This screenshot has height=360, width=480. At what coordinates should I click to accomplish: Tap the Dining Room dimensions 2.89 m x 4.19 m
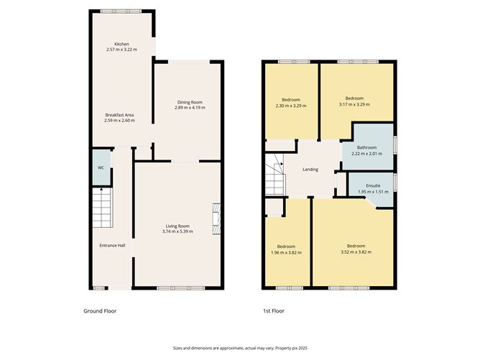point(191,108)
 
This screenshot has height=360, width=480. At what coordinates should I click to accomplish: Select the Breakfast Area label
point(119,115)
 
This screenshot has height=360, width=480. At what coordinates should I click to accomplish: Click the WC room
point(101,167)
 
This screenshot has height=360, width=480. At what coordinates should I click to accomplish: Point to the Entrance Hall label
point(112,246)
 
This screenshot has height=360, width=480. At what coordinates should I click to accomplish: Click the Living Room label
point(177,226)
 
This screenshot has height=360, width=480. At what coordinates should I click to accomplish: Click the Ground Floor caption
point(99,311)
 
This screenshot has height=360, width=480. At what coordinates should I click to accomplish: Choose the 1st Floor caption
point(274,311)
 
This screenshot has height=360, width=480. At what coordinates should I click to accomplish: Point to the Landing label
point(310,170)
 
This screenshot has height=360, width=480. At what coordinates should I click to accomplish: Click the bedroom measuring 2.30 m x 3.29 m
point(290,102)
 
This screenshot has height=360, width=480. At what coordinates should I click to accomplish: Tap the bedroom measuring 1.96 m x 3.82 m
point(286,249)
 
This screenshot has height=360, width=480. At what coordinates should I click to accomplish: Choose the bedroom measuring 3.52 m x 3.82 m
point(353,249)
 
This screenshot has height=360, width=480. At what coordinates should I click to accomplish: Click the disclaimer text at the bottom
point(239,346)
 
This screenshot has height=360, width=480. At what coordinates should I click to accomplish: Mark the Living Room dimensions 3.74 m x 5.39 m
point(177,232)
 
